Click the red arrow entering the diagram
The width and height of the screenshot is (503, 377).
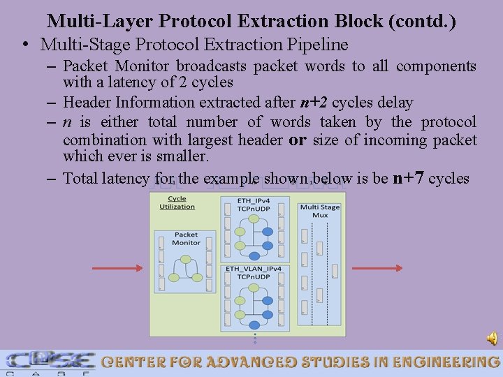(117, 268)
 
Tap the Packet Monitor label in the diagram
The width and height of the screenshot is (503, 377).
(187, 239)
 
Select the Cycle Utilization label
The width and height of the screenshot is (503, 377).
(177, 202)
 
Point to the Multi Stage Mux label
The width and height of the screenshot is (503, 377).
(319, 211)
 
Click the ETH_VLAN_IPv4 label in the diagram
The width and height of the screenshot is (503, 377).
(254, 272)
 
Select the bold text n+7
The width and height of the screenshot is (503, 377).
(409, 177)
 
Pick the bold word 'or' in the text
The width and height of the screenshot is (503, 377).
(298, 140)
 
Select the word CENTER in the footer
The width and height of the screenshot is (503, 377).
(137, 362)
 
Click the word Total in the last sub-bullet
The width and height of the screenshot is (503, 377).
(81, 178)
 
